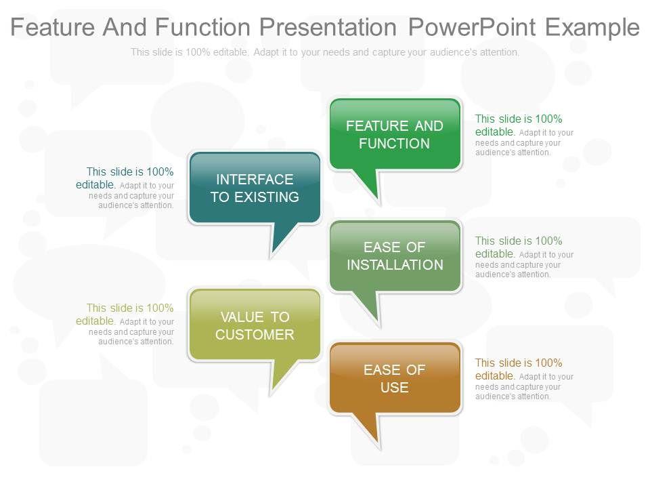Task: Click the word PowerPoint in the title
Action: pos(473,27)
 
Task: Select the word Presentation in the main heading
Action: pos(328,27)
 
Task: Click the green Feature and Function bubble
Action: pos(395,134)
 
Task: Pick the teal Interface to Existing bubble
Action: pos(255,188)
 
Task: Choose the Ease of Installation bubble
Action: pos(395,256)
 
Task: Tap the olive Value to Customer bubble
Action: pos(255,325)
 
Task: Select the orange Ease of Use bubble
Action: pos(395,378)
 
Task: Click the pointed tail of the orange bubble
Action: pos(377,442)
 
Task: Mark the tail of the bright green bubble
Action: pos(377,199)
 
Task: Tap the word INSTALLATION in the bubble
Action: pos(395,265)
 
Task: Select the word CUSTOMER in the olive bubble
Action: pos(255,334)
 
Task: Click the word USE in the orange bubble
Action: pos(394,388)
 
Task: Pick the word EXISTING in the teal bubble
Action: pos(267,197)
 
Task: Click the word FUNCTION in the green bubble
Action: pos(394,144)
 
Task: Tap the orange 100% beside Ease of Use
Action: pos(548,363)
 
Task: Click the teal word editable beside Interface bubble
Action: pos(95,184)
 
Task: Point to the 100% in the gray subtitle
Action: pos(198,52)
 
